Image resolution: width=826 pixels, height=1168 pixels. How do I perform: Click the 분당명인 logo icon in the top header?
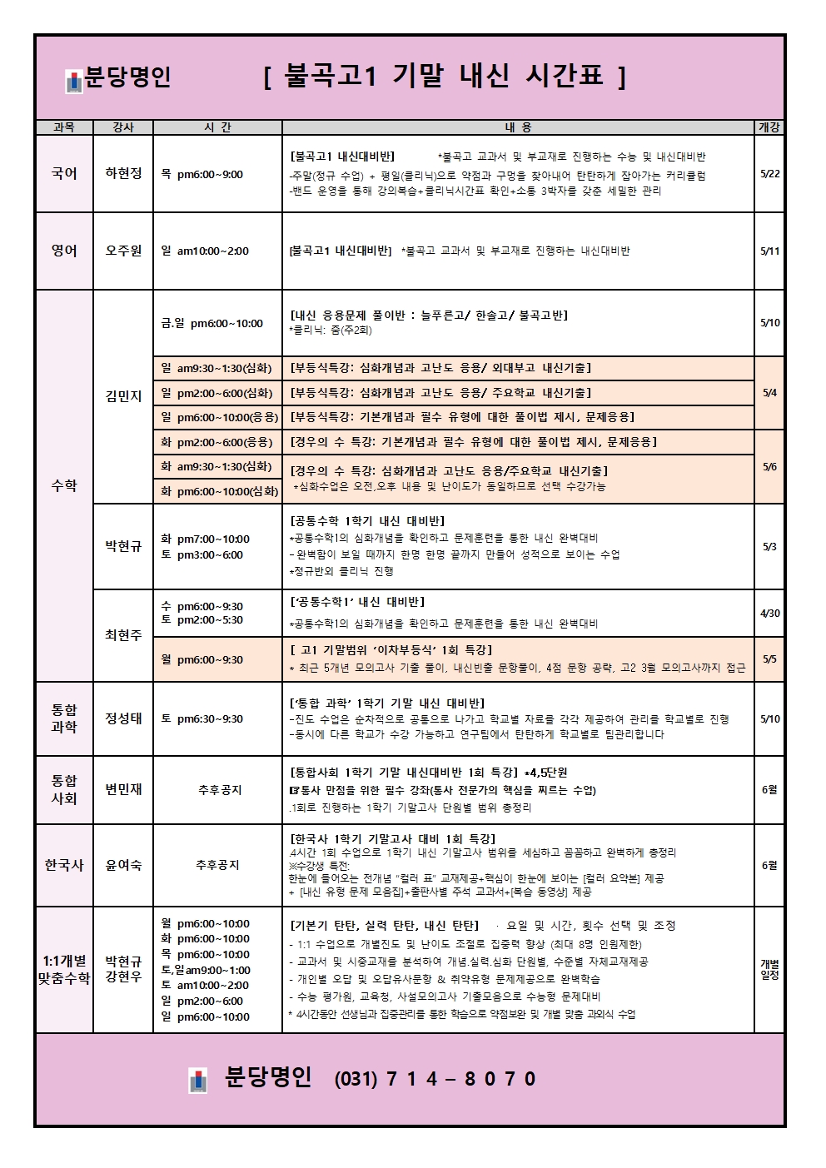point(74,82)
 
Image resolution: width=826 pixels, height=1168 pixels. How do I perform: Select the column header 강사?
point(123,127)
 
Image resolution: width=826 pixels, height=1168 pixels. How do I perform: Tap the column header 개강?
point(769,127)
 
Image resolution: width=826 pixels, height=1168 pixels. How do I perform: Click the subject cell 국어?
point(64,174)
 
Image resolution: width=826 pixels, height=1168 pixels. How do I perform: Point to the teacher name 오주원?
point(123,251)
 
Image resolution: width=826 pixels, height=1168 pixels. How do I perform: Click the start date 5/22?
point(769,174)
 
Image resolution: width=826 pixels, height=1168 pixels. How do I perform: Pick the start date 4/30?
point(769,614)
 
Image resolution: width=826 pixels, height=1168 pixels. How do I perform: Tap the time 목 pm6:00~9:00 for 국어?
point(202,175)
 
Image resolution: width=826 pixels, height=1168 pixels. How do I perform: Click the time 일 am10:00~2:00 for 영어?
point(205,251)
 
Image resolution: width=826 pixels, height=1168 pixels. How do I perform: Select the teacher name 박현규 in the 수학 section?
point(123,547)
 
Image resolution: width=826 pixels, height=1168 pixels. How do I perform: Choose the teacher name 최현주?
point(123,635)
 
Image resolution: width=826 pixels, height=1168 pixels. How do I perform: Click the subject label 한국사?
point(64,866)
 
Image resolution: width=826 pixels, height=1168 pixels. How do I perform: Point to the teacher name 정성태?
point(123,719)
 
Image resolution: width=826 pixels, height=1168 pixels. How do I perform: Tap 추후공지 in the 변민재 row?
point(219,790)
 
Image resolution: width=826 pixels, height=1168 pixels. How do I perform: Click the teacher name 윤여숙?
point(123,866)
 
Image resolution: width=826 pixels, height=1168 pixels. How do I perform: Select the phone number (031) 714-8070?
point(435,1080)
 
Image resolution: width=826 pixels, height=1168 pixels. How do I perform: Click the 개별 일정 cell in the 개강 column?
point(769,970)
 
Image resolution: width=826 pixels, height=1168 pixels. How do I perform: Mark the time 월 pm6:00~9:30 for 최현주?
point(202,660)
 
